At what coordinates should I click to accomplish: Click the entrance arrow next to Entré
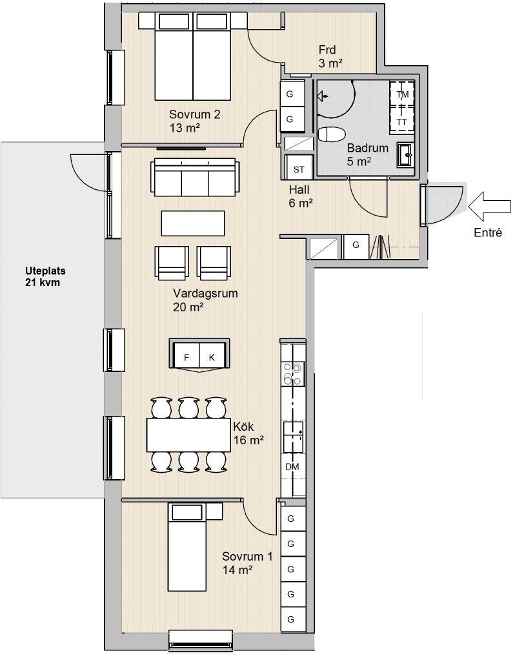489,207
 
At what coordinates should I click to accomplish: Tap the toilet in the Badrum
332,134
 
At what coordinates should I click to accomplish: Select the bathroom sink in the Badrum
405,154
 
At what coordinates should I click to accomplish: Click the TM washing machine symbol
402,94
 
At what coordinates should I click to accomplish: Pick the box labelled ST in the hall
299,169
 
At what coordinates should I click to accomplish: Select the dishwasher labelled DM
293,467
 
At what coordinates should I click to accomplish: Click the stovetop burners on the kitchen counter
292,373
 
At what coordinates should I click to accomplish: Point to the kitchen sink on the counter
293,437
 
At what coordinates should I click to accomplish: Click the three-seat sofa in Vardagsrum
194,177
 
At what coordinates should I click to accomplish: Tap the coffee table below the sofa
193,223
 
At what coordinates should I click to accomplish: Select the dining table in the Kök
188,435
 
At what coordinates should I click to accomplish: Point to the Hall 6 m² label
300,196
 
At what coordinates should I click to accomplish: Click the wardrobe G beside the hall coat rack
356,246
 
